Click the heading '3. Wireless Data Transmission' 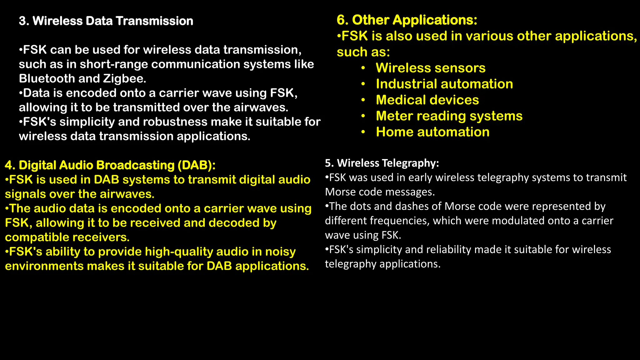coord(106,21)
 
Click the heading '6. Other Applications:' coord(407,20)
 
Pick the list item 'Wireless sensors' coord(431,68)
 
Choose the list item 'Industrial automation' coord(444,84)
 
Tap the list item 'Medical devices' coord(427,100)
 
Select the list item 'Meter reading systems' coord(449,116)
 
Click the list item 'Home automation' coord(432,132)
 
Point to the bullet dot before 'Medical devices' coord(363,100)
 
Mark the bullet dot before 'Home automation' coord(363,132)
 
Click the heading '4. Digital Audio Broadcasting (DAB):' coord(110,165)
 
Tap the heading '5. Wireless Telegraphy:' coord(382,163)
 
